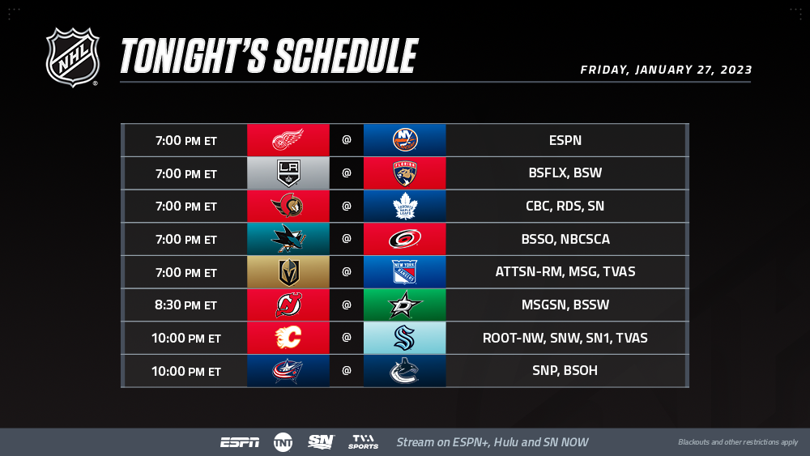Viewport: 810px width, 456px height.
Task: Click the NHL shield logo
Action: pos(72,58)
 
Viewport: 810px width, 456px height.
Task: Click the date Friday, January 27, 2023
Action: pos(666,70)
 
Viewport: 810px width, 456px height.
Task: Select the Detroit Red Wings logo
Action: pos(288,140)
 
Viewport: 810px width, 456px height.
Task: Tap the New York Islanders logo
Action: pos(405,140)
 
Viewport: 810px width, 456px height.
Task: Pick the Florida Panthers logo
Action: pos(405,173)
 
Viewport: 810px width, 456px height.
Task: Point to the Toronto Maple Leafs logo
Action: pos(405,206)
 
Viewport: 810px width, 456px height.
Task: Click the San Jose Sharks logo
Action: pos(288,239)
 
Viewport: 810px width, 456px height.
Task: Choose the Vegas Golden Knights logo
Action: pos(289,272)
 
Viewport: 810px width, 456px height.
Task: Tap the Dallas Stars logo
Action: pos(405,305)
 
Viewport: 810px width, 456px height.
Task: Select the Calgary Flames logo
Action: pos(288,338)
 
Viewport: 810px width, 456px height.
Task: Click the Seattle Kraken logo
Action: pos(405,338)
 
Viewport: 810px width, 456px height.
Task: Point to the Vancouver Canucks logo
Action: pos(404,371)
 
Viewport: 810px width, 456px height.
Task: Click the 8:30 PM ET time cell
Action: pos(186,305)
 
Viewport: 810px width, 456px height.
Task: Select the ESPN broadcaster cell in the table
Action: pos(565,140)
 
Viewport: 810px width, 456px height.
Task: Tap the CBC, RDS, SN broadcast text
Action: pos(565,206)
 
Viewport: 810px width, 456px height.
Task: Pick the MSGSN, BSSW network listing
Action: pos(565,305)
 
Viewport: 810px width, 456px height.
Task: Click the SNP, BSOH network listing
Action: pos(565,370)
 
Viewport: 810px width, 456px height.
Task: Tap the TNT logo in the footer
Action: pos(283,442)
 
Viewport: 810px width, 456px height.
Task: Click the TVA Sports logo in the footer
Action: pos(363,442)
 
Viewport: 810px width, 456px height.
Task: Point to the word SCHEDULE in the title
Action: pos(346,56)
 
